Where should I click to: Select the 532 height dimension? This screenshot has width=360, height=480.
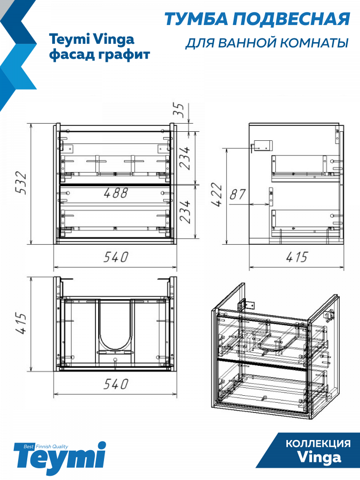point(21,183)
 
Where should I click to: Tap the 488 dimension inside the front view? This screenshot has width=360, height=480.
point(115,193)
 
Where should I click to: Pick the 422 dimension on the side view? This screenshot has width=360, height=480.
point(216,194)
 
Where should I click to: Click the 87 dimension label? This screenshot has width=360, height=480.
point(237,194)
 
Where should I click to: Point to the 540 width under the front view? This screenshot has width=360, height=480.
point(115,257)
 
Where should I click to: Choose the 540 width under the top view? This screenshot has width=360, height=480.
point(115,384)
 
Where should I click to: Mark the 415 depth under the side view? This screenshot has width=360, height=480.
point(297,257)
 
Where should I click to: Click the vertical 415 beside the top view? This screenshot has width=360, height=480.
point(21,323)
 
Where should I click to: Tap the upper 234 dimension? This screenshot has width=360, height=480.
point(185,158)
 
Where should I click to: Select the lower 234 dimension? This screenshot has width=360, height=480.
point(185,212)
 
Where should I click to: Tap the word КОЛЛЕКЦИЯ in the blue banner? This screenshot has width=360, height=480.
point(318,444)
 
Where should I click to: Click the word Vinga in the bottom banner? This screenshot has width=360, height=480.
point(319,458)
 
